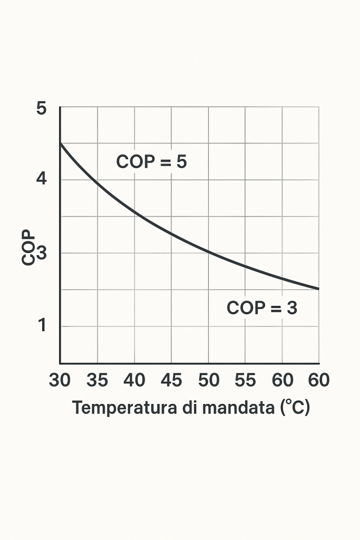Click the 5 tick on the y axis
pos(42,109)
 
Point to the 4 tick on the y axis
pos(42,179)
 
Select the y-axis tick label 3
pos(42,253)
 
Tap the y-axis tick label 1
pos(42,325)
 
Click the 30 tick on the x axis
pos(60,380)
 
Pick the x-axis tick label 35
pos(97,380)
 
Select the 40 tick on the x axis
pos(134,380)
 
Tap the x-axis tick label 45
pos(171,380)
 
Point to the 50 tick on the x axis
pos(208,380)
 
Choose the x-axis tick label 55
pos(245,380)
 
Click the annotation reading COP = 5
pos(151,162)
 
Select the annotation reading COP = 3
pos(262,307)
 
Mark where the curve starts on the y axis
pos(60,143)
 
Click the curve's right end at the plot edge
pos(319,289)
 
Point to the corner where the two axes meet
pos(60,363)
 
